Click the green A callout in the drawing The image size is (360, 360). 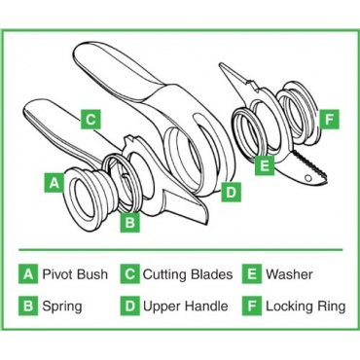[x=54, y=183]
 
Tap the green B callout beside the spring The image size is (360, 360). [x=130, y=223]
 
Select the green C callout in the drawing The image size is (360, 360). [x=90, y=120]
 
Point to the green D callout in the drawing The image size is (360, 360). [x=231, y=192]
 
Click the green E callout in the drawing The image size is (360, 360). [x=265, y=165]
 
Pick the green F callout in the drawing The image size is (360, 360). [x=329, y=120]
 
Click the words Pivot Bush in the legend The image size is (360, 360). [x=75, y=274]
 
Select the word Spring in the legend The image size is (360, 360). [x=62, y=306]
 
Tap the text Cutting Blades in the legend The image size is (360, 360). [x=188, y=274]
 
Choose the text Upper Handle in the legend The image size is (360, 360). [x=186, y=306]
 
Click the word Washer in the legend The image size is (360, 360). [x=289, y=274]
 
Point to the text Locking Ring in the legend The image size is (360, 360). [x=306, y=306]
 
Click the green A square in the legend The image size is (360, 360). [x=28, y=274]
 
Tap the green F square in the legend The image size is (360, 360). [x=252, y=306]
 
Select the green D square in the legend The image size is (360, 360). [x=130, y=306]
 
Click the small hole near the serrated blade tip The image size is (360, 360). [x=308, y=178]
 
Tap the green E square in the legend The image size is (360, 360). [x=252, y=274]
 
